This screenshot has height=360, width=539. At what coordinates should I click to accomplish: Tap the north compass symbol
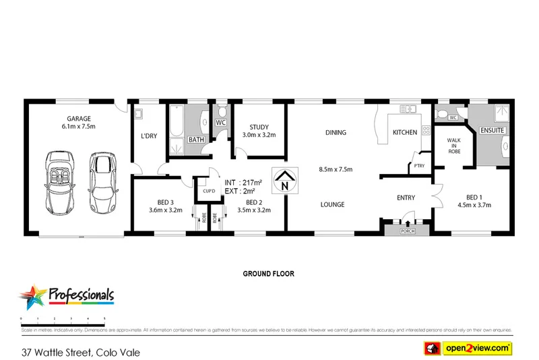(x=285, y=181)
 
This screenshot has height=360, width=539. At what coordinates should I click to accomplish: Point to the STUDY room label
(x=259, y=127)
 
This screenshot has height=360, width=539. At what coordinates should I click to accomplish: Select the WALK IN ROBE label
(x=453, y=147)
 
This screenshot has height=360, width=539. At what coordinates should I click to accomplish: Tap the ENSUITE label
(x=493, y=129)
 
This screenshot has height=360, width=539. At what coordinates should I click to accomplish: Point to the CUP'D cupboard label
(x=209, y=190)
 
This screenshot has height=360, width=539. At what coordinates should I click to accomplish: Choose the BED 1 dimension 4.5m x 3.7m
(x=475, y=205)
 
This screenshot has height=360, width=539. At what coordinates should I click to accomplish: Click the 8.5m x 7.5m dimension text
(x=336, y=169)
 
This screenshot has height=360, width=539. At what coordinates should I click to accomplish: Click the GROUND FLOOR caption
(x=269, y=274)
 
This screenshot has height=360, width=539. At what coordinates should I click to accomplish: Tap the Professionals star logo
(x=32, y=297)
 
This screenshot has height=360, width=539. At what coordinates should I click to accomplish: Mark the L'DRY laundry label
(x=148, y=136)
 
